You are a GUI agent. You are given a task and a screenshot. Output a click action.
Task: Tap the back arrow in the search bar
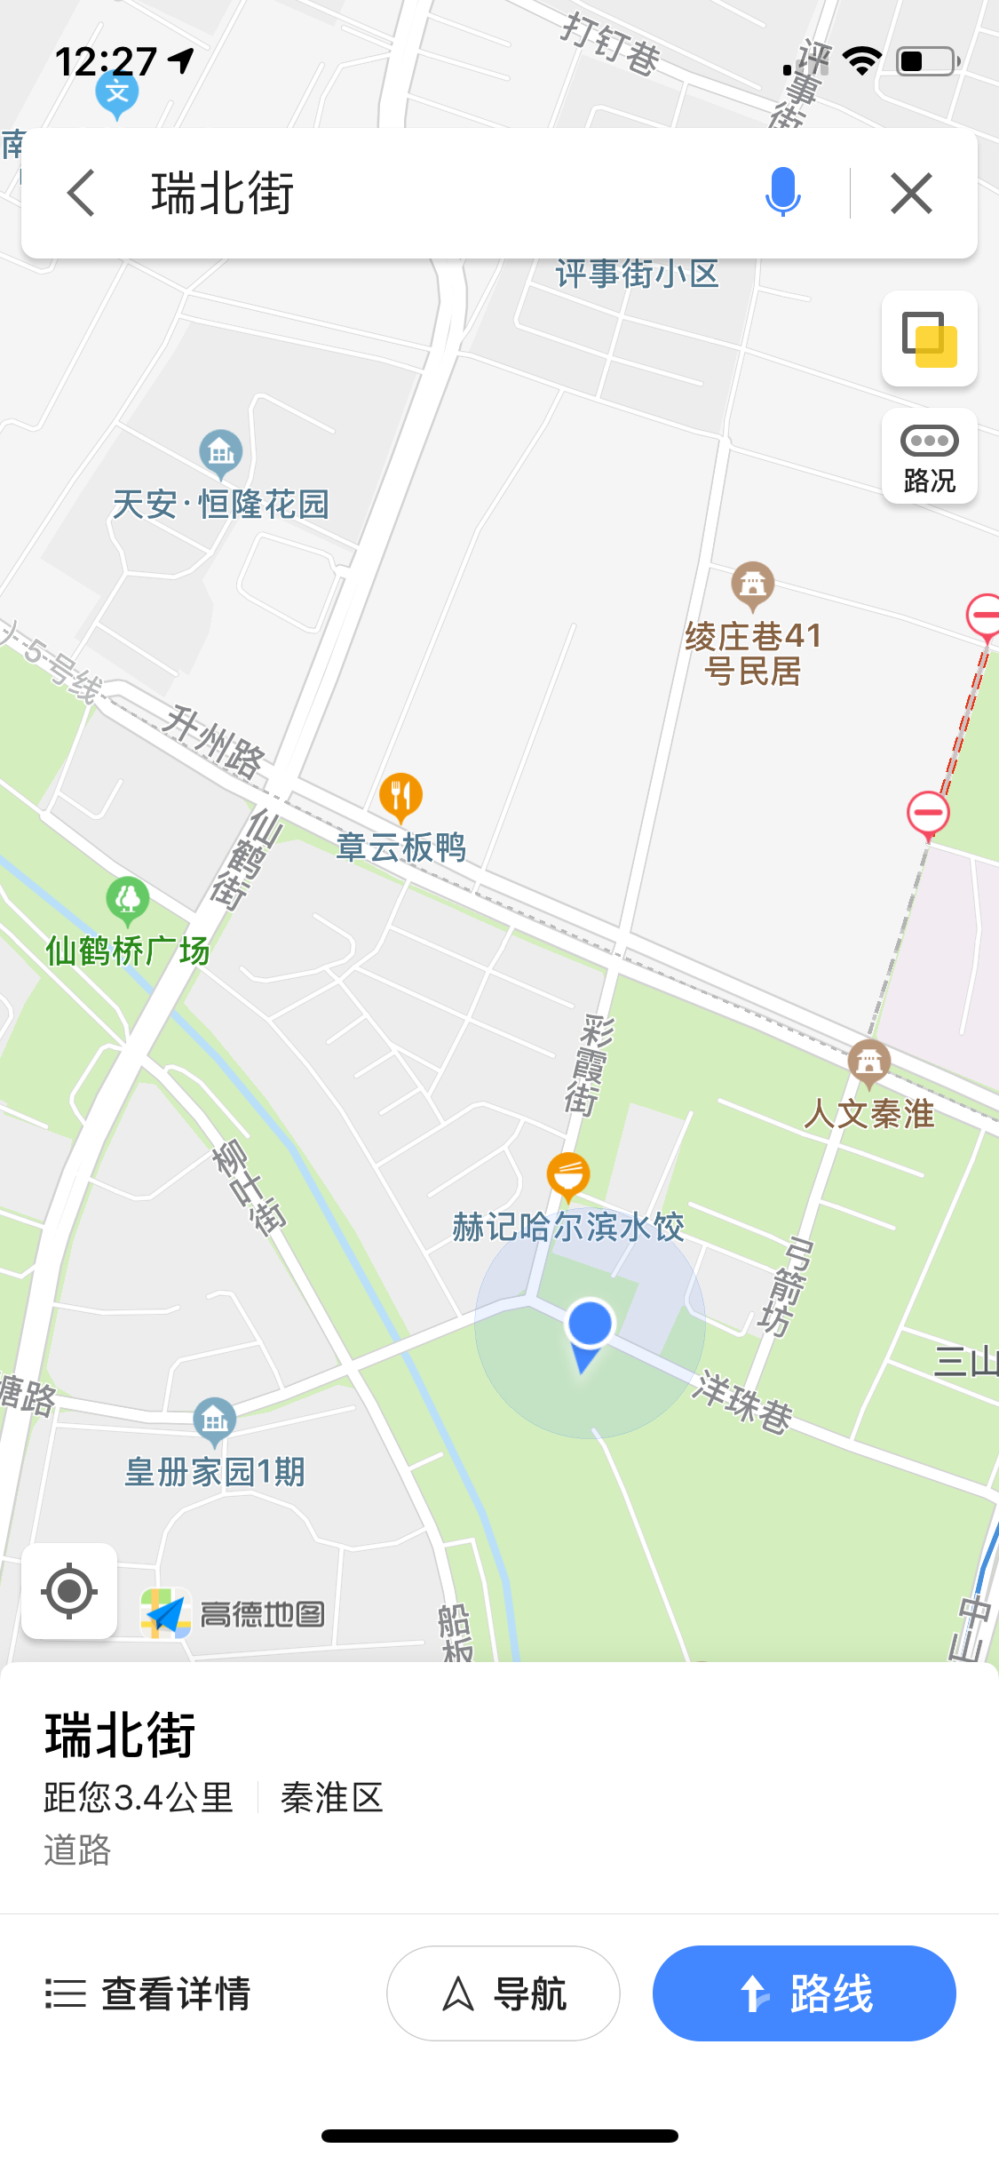81,193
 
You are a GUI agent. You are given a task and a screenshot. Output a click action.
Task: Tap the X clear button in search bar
911,193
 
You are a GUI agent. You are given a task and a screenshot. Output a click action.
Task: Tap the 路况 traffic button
929,457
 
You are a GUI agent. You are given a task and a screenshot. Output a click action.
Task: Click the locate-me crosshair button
69,1590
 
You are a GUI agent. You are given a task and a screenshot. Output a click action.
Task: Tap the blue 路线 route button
804,1993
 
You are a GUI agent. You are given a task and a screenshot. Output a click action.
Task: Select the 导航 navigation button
503,1993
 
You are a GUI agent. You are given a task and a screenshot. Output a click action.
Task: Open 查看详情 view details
149,1993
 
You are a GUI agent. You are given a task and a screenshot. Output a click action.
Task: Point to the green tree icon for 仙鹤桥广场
128,899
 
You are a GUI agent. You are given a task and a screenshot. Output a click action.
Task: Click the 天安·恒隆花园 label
221,505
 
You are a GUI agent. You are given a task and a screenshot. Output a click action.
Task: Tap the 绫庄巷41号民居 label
753,653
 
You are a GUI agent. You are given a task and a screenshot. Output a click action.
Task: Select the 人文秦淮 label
869,1113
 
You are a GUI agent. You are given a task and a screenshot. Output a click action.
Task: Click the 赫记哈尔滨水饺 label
568,1227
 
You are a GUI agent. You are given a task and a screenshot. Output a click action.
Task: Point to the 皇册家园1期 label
215,1472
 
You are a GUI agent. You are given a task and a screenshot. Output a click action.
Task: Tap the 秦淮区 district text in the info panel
331,1798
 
